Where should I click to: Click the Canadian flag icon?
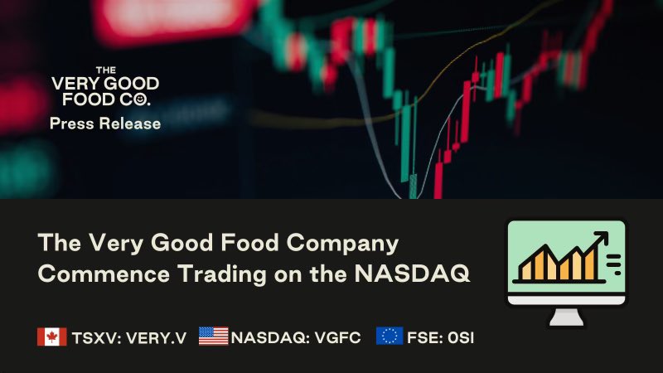pos(52,337)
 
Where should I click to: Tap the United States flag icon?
pos(213,337)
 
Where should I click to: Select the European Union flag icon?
pos(390,337)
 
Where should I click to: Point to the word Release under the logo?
pos(130,124)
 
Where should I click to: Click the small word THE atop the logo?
pos(104,70)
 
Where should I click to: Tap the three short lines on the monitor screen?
pos(614,264)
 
